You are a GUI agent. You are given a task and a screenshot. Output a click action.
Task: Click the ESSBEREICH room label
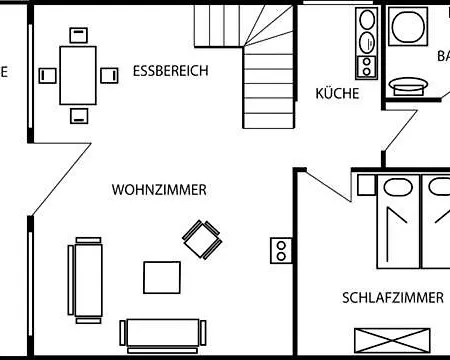pos(170,72)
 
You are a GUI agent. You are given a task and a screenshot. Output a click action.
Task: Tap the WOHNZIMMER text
pos(160,189)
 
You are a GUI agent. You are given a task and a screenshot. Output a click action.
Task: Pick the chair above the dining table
pos(77,35)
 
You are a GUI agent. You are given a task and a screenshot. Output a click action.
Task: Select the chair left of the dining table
pos(46,75)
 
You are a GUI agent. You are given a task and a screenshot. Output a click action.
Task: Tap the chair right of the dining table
pos(108,75)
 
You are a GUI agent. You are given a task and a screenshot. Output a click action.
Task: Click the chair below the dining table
pos(77,114)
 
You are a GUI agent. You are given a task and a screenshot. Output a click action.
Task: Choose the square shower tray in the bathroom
pos(409,26)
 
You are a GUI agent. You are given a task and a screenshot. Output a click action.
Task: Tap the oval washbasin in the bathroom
pos(407,85)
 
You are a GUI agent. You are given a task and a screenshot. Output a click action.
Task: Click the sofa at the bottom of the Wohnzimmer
pos(164,333)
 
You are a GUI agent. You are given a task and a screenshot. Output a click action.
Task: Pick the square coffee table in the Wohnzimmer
pos(163,277)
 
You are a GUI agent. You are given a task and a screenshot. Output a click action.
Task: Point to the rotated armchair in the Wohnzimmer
pos(200,239)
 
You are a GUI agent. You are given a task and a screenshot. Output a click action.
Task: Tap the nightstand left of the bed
pos(365,185)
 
